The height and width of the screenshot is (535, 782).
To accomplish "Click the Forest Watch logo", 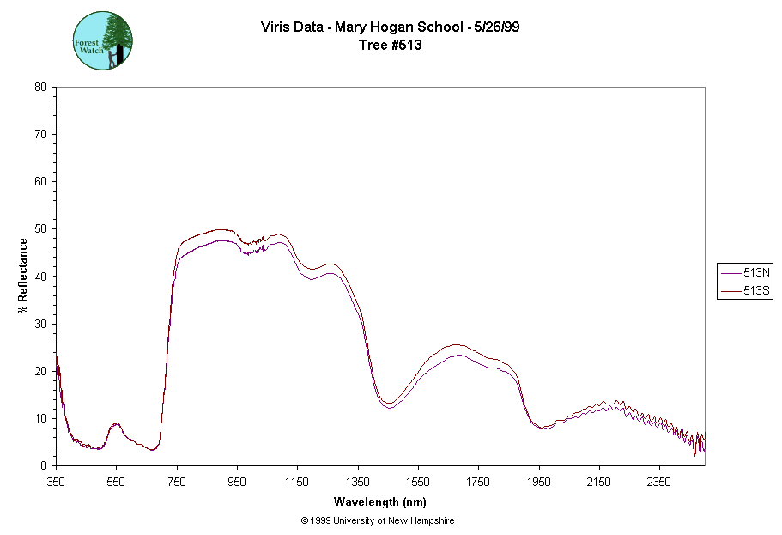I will [103, 41].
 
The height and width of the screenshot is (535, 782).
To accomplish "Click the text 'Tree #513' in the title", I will [391, 46].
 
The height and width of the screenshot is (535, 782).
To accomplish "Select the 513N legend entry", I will [745, 272].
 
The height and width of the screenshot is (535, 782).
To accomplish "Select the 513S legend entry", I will [745, 291].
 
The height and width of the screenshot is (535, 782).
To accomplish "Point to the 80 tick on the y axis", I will [40, 87].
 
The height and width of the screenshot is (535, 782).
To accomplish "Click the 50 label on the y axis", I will [40, 229].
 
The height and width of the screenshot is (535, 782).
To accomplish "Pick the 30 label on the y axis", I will [40, 324].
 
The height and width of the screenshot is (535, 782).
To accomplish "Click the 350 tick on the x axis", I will [56, 483].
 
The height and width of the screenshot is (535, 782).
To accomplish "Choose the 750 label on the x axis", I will [177, 483].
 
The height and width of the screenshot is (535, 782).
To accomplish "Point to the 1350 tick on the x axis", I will [358, 483].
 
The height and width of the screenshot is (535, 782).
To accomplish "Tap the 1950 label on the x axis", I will [539, 483].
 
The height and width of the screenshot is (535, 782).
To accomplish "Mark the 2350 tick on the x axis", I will [659, 483].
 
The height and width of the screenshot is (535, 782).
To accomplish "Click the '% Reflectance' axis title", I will [23, 276].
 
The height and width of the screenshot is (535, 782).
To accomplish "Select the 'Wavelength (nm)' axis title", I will [380, 502].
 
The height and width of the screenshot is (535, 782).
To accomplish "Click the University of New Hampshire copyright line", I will [378, 520].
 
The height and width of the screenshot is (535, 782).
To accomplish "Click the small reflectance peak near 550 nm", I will [116, 424].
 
